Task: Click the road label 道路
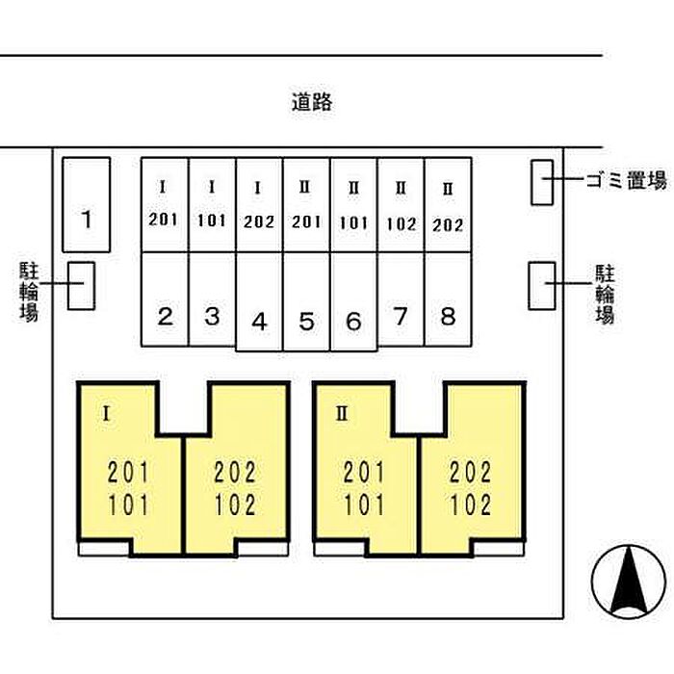coord(312,102)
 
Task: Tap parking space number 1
coord(87,204)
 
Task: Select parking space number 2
coord(165,299)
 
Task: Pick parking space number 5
coord(306,301)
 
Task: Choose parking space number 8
coord(448,299)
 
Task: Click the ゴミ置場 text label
coord(627,180)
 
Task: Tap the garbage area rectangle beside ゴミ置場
coord(542,183)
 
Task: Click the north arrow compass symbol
coord(629,582)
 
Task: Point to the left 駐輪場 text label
coord(29,292)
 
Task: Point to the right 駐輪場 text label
coord(605,294)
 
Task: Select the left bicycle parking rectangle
coord(81,286)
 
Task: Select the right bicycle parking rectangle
coord(542,286)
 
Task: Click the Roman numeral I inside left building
coord(107,414)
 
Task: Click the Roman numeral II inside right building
coord(342,413)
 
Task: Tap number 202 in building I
coord(235,472)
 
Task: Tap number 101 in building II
coord(364,505)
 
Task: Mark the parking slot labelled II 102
coord(401,205)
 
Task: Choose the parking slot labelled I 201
coord(165,205)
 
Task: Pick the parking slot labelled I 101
coord(212,205)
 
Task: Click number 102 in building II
coord(470,505)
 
